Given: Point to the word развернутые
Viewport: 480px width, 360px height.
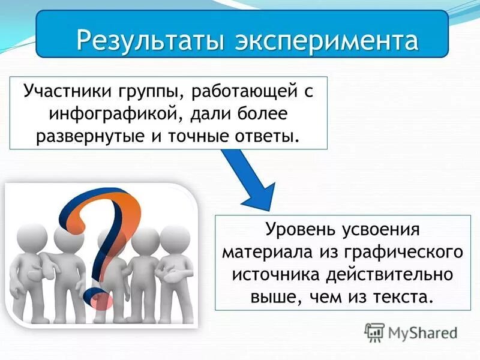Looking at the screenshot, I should [x=94, y=134].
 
